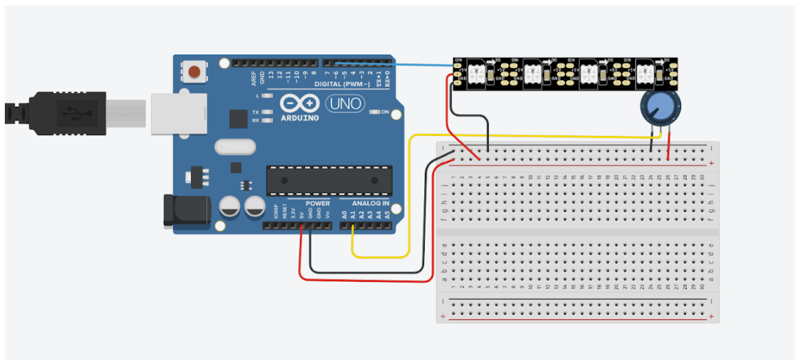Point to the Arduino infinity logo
point(301,104)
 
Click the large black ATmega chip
point(330,180)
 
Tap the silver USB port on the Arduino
point(178,112)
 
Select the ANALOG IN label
point(371,203)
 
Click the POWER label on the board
point(317,203)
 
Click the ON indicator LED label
point(385,112)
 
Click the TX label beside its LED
point(255,112)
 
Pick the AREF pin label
point(254,76)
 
